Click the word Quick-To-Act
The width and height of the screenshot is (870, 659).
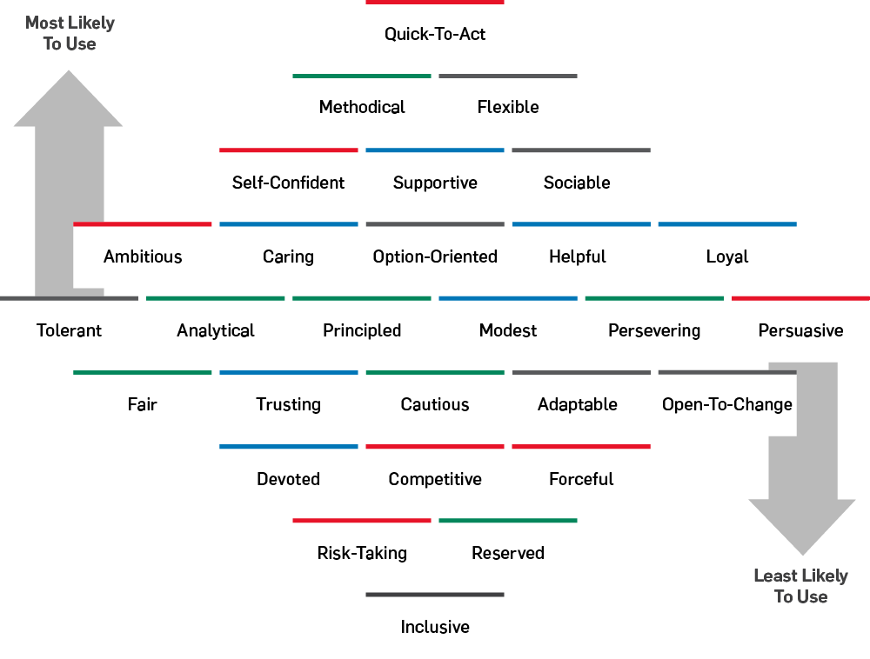point(435,34)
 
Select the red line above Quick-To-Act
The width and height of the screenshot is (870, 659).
point(435,3)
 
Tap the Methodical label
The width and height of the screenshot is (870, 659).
point(362,107)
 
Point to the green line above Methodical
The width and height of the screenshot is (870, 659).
point(362,77)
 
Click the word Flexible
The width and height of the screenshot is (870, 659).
point(508,107)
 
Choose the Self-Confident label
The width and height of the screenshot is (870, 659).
point(288,183)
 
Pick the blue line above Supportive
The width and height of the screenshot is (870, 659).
point(435,150)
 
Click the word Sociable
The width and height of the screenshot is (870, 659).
point(577,183)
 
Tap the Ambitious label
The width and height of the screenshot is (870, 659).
point(143,256)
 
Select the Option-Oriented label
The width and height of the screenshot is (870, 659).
point(435,256)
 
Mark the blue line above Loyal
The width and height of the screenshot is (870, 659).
point(727,224)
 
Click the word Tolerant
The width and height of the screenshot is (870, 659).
point(70,330)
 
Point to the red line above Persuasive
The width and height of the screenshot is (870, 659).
point(800,298)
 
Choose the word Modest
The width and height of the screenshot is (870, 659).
point(508,330)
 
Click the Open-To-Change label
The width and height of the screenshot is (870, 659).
point(727,404)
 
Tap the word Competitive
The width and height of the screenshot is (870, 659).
point(435,479)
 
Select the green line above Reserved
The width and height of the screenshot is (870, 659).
point(508,521)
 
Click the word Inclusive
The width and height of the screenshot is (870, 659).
point(435,627)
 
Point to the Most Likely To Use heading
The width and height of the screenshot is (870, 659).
point(70,33)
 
